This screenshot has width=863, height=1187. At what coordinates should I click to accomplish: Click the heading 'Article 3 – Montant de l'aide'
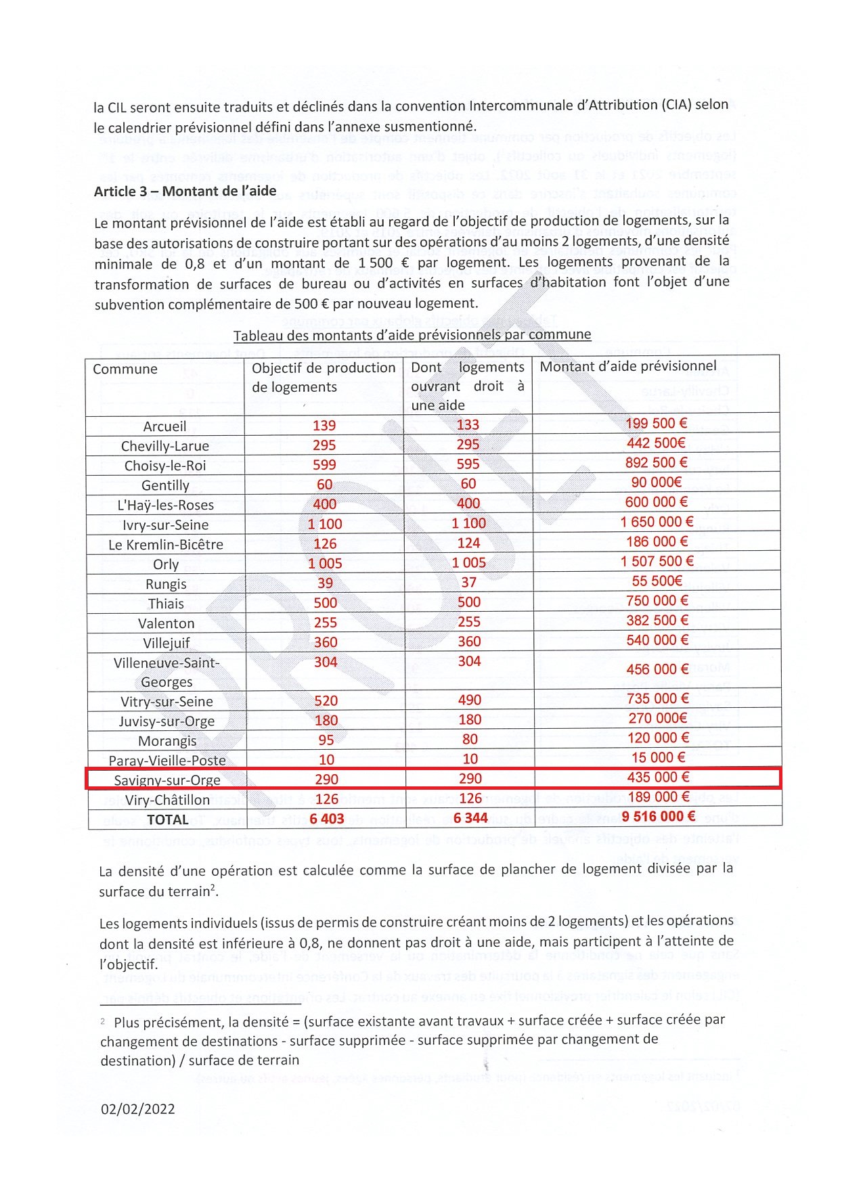[185, 192]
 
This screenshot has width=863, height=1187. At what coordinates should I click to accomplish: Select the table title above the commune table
[412, 335]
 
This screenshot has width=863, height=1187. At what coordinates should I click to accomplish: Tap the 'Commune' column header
[125, 369]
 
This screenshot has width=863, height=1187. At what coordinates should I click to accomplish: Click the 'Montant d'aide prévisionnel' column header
[627, 367]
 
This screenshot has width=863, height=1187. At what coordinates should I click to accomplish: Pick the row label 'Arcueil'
[164, 426]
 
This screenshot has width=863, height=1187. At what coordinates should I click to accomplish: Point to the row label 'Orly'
[166, 564]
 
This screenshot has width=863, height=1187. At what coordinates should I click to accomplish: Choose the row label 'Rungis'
[166, 584]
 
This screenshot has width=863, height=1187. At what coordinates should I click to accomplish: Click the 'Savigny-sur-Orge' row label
[167, 780]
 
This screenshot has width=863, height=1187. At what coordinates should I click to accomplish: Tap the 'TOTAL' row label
[168, 820]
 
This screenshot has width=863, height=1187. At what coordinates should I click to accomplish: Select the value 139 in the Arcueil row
[324, 426]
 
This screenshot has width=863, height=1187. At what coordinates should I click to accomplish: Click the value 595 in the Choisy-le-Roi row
[468, 464]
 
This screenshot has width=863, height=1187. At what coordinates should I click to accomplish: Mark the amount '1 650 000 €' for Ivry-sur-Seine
[657, 522]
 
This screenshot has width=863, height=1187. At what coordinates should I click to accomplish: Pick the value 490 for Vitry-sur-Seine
[470, 700]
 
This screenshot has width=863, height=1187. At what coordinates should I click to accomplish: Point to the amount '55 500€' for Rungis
[657, 581]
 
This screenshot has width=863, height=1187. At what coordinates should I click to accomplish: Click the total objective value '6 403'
[327, 819]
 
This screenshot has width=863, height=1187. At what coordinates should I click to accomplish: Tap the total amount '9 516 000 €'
[658, 817]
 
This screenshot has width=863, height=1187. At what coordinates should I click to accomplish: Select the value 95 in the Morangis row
[326, 740]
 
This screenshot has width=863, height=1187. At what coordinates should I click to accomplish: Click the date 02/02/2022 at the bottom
[138, 1109]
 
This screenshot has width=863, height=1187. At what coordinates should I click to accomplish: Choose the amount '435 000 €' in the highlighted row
[657, 778]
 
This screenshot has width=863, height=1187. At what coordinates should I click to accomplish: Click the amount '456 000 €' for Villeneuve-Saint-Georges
[657, 669]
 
